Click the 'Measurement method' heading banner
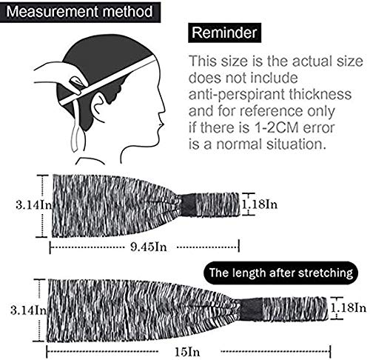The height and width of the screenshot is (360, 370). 80,13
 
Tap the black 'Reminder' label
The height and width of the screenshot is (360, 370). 224,33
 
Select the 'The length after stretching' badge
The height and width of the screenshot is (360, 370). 281,273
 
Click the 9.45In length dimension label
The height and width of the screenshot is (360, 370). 149,247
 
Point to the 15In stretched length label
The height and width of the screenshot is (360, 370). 187,352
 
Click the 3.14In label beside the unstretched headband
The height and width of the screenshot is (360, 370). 33,204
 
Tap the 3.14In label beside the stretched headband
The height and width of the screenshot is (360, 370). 28,310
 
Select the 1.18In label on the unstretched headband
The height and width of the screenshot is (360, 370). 259,204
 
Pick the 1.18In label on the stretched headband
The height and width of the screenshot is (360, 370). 348,307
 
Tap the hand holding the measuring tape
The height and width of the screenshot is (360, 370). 61,76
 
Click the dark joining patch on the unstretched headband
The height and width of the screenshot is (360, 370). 189,205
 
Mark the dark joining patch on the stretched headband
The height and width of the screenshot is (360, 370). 251,310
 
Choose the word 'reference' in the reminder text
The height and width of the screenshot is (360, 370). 271,111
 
